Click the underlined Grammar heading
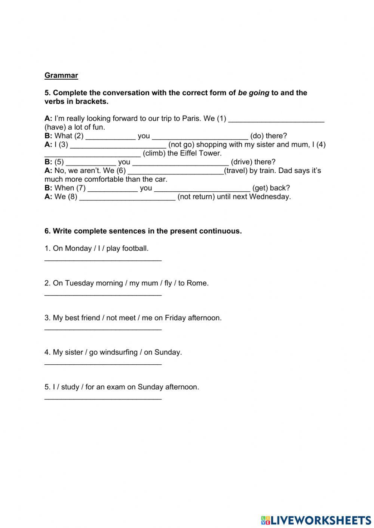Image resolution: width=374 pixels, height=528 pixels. point(61,75)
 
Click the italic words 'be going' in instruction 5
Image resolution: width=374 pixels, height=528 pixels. point(254,93)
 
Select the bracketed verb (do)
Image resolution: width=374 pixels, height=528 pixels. point(257,136)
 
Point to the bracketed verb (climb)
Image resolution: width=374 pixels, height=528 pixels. point(154,153)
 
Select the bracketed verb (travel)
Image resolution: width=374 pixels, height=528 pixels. point(236,171)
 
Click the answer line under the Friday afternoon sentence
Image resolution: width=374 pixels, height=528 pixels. point(103,329)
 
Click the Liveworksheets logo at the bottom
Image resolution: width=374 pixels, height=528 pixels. point(316,520)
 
